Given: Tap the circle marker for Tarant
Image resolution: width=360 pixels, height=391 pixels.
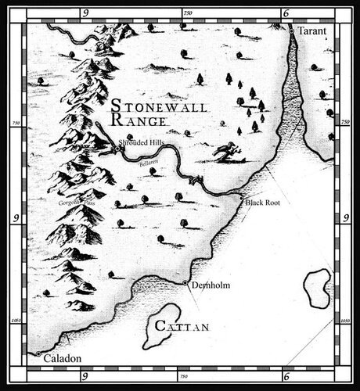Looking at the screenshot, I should pos(291,30).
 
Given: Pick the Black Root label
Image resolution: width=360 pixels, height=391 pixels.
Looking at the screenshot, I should pos(262,202).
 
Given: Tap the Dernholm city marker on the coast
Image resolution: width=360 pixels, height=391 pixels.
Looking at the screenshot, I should pos(185,282).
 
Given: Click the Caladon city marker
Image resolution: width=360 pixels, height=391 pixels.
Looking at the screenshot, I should pos(38,354).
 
